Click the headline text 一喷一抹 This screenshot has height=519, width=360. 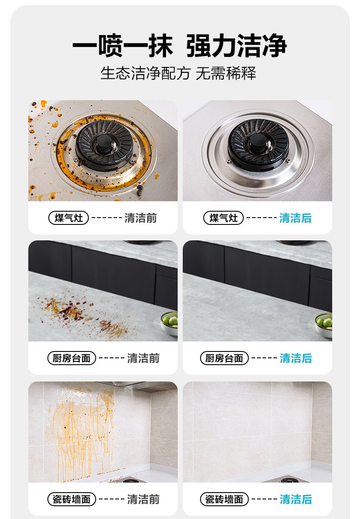pyautogui.click(x=123, y=46)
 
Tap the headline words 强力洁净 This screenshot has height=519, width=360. pyautogui.click(x=237, y=46)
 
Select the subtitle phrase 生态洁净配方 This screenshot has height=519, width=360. pyautogui.click(x=146, y=73)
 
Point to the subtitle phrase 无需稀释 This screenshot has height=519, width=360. pyautogui.click(x=226, y=73)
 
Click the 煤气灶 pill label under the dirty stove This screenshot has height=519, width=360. pyautogui.click(x=68, y=218)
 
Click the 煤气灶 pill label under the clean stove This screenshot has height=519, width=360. pyautogui.click(x=224, y=218)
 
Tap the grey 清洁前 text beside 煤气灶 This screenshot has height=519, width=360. pyautogui.click(x=141, y=218)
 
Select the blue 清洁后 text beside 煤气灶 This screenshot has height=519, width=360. pyautogui.click(x=295, y=218)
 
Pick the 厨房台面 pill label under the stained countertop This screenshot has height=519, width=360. pyautogui.click(x=72, y=358)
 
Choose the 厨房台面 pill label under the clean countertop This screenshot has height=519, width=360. pyautogui.click(x=224, y=358)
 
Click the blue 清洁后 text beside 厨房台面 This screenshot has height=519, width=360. pyautogui.click(x=296, y=358)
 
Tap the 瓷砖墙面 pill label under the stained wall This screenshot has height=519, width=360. pyautogui.click(x=72, y=499)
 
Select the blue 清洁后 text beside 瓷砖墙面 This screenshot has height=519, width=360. pyautogui.click(x=296, y=499)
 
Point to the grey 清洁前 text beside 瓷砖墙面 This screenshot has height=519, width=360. pyautogui.click(x=144, y=499)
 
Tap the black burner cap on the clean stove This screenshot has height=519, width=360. pyautogui.click(x=258, y=144)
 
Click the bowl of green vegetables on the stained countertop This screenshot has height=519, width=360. pyautogui.click(x=169, y=323)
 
